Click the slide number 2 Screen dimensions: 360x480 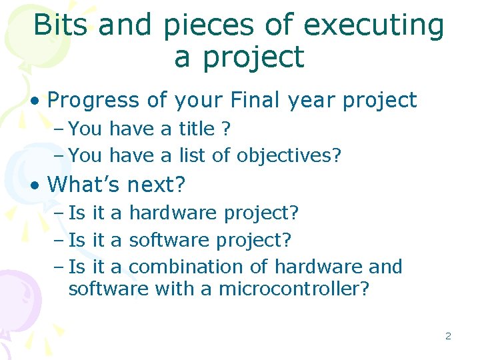pos(448,336)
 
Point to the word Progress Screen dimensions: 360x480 pos(94,101)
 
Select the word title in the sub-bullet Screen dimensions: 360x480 pos(197,128)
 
